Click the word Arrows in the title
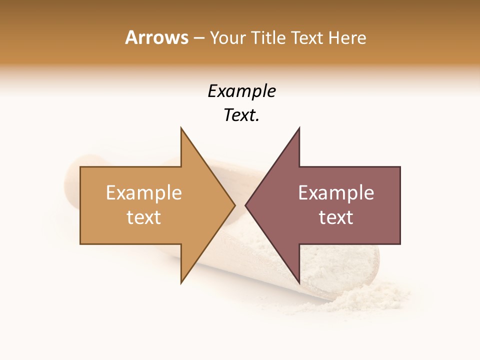point(156,37)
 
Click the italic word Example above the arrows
point(241,91)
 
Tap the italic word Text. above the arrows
point(241,115)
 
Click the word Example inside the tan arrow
point(144,193)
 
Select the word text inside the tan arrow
point(144,217)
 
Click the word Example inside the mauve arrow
point(336,193)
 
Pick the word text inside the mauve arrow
point(336,217)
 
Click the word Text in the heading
point(307,38)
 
